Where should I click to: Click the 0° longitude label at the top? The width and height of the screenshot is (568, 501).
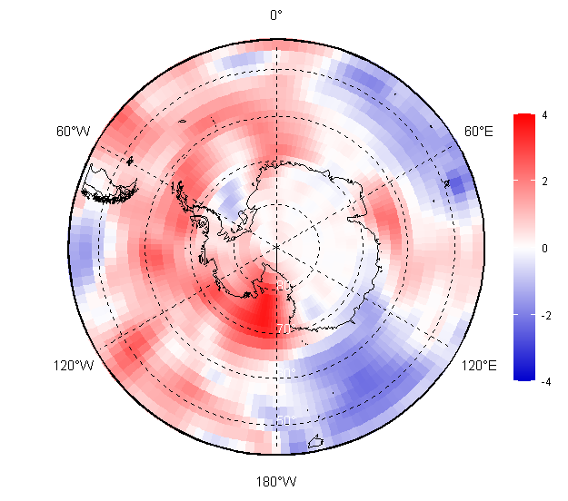coord(276,15)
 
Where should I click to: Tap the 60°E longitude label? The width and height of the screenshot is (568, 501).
coord(479,132)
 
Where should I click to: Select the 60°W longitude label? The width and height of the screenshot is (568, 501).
coord(74,132)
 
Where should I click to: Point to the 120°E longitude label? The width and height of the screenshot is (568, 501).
coord(478,365)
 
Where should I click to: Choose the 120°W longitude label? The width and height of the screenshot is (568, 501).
coord(74,365)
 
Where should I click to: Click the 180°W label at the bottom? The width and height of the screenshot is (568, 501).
coord(276,481)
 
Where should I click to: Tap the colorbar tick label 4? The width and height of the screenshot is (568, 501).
coord(543,115)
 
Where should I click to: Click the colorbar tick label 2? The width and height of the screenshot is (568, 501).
coord(543,182)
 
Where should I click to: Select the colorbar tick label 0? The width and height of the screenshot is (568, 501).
coord(543,248)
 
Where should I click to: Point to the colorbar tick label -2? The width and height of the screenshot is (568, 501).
coord(543,315)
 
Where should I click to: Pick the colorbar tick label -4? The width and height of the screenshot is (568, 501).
coord(543,381)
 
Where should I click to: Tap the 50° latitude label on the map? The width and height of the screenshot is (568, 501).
coord(284,420)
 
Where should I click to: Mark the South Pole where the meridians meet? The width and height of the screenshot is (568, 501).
coord(276,246)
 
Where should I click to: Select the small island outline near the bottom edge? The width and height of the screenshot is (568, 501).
coord(315,443)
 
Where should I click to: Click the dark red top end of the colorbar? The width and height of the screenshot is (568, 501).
coord(523,119)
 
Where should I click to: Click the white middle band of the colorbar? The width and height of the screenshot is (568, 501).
coord(523,248)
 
